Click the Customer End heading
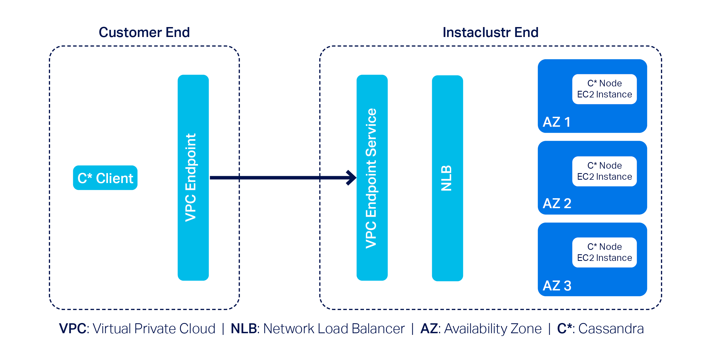coord(144,32)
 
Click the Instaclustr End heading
coord(490,32)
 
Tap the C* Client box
coord(105,178)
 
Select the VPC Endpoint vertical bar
coord(193,178)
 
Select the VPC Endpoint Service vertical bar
coord(372,178)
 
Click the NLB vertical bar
coord(447,178)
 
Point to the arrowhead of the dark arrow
coord(352,178)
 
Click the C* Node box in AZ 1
coord(604,89)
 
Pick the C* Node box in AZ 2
coord(604,171)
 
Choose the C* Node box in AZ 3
coord(604,252)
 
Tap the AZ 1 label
coord(557,122)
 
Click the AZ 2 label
coord(557,203)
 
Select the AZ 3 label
coord(557,285)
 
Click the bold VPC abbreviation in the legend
coord(73,329)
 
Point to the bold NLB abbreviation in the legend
coord(244,329)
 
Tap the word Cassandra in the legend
coord(611,329)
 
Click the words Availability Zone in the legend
coord(493,329)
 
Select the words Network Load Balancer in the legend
coord(334,329)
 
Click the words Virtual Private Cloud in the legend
coord(154,329)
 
